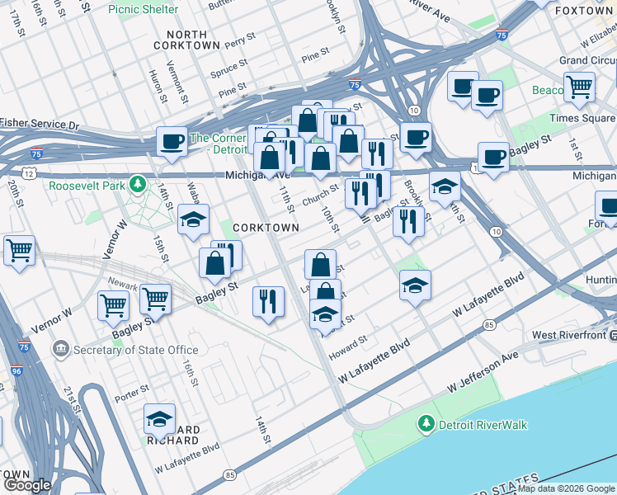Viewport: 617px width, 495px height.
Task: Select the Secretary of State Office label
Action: [135, 350]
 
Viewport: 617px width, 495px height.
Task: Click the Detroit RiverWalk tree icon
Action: [426, 424]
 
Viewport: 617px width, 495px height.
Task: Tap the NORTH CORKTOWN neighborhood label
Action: [186, 40]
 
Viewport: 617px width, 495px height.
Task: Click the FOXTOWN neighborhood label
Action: [585, 11]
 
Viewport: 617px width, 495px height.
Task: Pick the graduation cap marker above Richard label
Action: [159, 420]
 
